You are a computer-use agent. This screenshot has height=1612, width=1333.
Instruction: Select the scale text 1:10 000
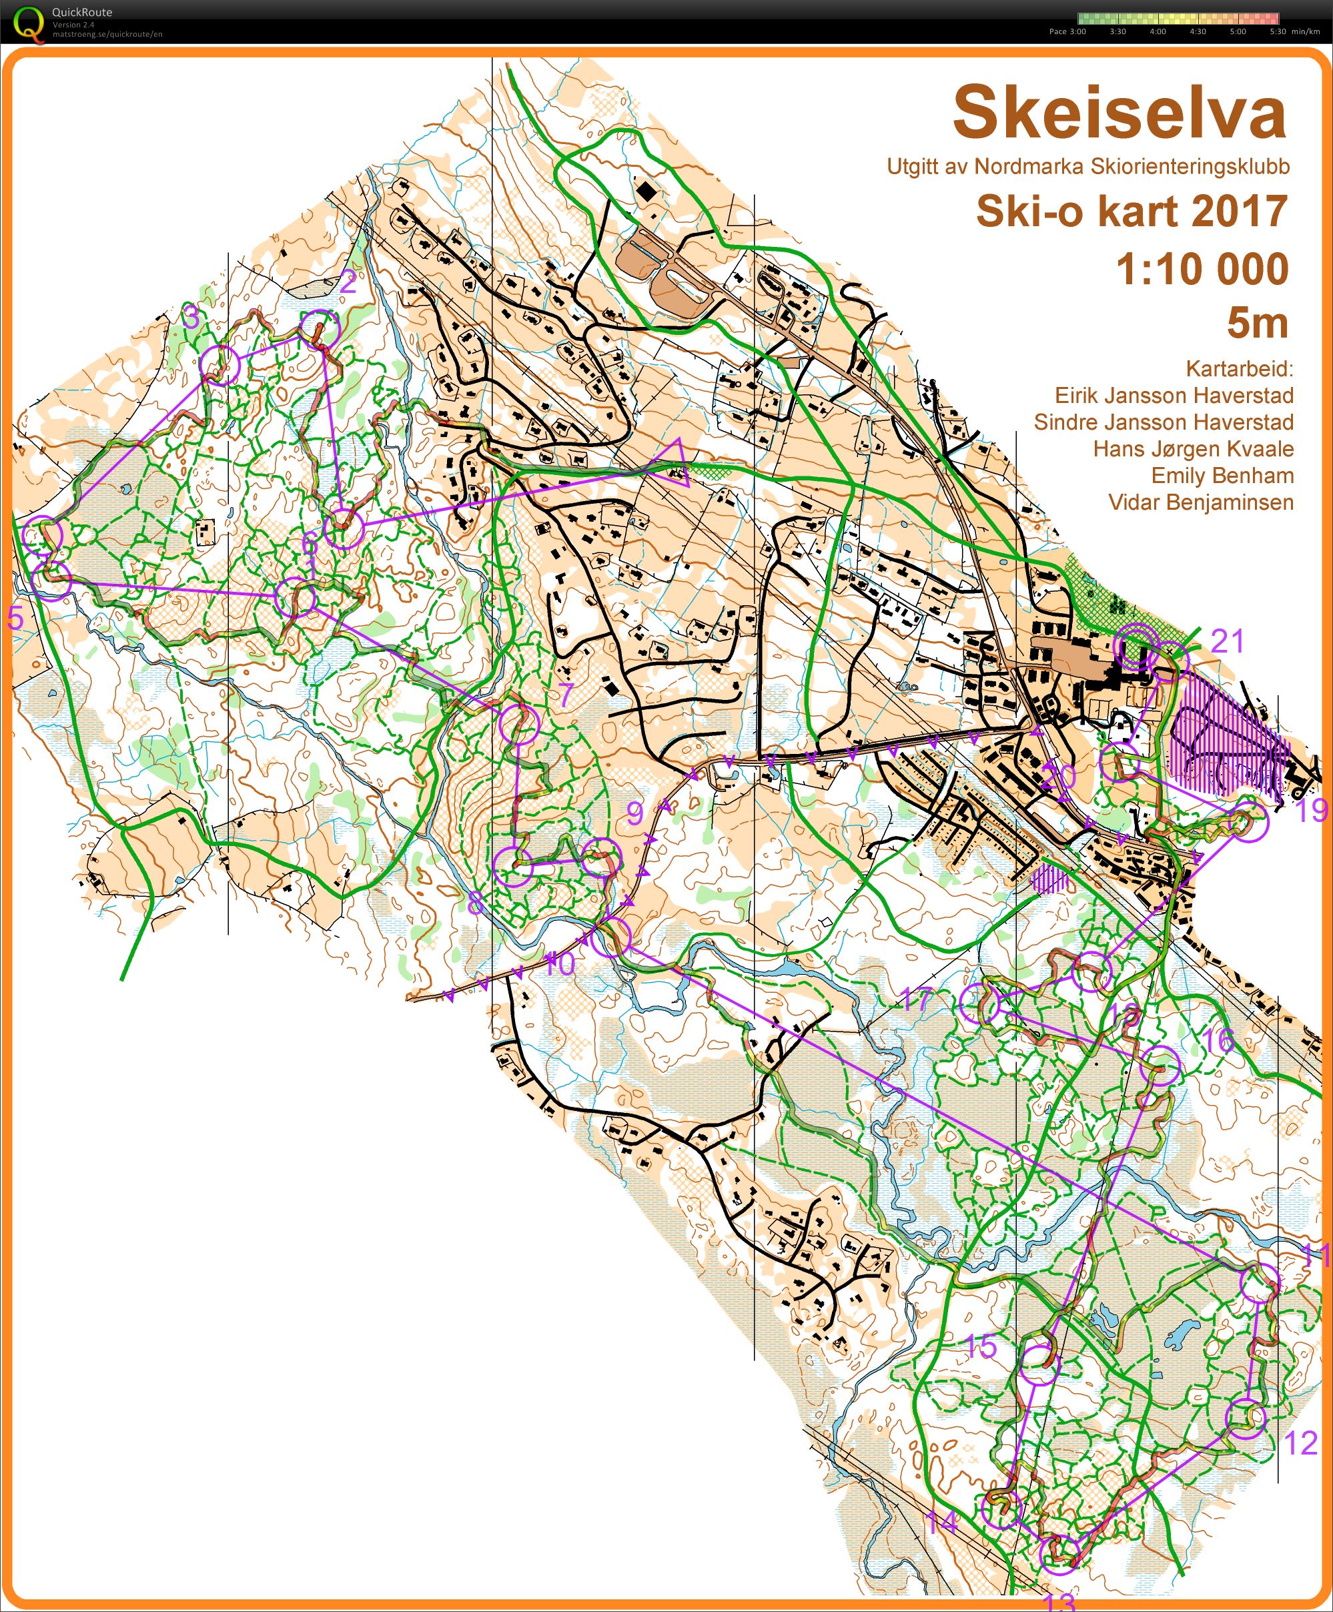pyautogui.click(x=1202, y=270)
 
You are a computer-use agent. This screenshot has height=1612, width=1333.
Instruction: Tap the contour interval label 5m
pyautogui.click(x=1256, y=322)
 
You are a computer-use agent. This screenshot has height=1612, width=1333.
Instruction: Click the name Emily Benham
pyautogui.click(x=1222, y=475)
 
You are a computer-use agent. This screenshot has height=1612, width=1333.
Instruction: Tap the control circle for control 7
pyautogui.click(x=520, y=725)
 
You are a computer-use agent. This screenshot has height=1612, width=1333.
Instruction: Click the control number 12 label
pyautogui.click(x=1300, y=1443)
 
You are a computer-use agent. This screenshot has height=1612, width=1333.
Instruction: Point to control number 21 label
pyautogui.click(x=1227, y=640)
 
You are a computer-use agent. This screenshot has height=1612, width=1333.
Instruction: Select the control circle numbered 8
pyautogui.click(x=512, y=867)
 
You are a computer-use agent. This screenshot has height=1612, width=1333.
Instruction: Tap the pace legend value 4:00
pyautogui.click(x=1158, y=31)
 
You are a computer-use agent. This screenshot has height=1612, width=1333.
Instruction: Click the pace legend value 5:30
pyautogui.click(x=1277, y=31)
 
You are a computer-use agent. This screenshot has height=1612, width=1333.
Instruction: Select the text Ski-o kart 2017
pyautogui.click(x=1130, y=211)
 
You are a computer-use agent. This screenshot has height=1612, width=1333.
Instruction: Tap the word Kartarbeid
pyautogui.click(x=1239, y=368)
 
